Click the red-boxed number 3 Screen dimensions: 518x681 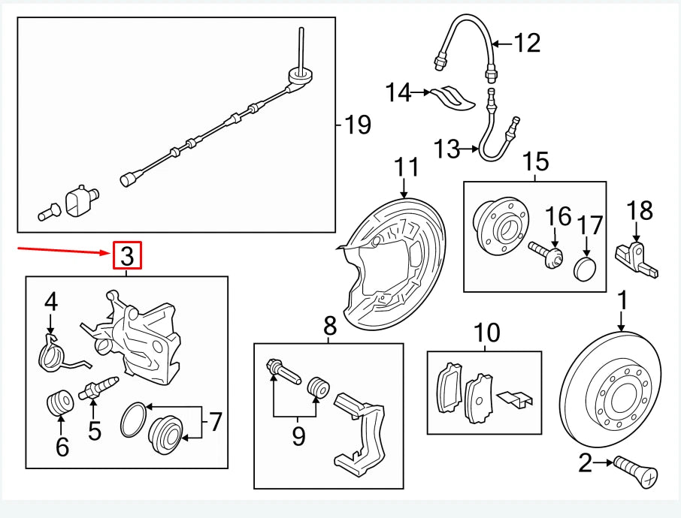pos(126,256)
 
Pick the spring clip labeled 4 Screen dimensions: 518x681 pos(53,354)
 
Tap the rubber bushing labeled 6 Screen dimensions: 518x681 pos(60,403)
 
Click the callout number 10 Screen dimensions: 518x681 pos(486,333)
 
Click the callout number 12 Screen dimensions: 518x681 pos(527,43)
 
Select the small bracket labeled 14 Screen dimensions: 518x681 pos(453,98)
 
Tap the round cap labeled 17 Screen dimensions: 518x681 pos(584,268)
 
